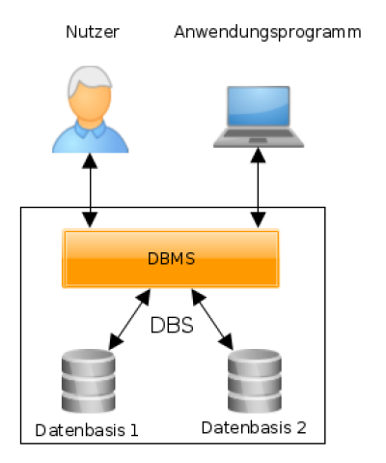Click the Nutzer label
click(x=93, y=32)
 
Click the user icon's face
click(x=91, y=101)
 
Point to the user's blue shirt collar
click(x=90, y=129)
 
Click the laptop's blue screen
click(x=259, y=105)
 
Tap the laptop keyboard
click(x=259, y=133)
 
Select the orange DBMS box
click(x=171, y=258)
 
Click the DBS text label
click(x=172, y=325)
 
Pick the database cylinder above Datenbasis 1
click(x=88, y=381)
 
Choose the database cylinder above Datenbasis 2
click(x=255, y=381)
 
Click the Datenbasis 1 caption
click(x=87, y=430)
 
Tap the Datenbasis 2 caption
click(x=254, y=428)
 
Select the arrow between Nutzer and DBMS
click(x=90, y=190)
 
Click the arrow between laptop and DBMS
click(x=258, y=188)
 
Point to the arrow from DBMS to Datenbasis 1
click(x=129, y=319)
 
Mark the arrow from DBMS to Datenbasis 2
click(x=212, y=319)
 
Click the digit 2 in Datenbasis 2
click(x=301, y=428)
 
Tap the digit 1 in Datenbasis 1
click(x=134, y=430)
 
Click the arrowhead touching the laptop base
click(x=258, y=156)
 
